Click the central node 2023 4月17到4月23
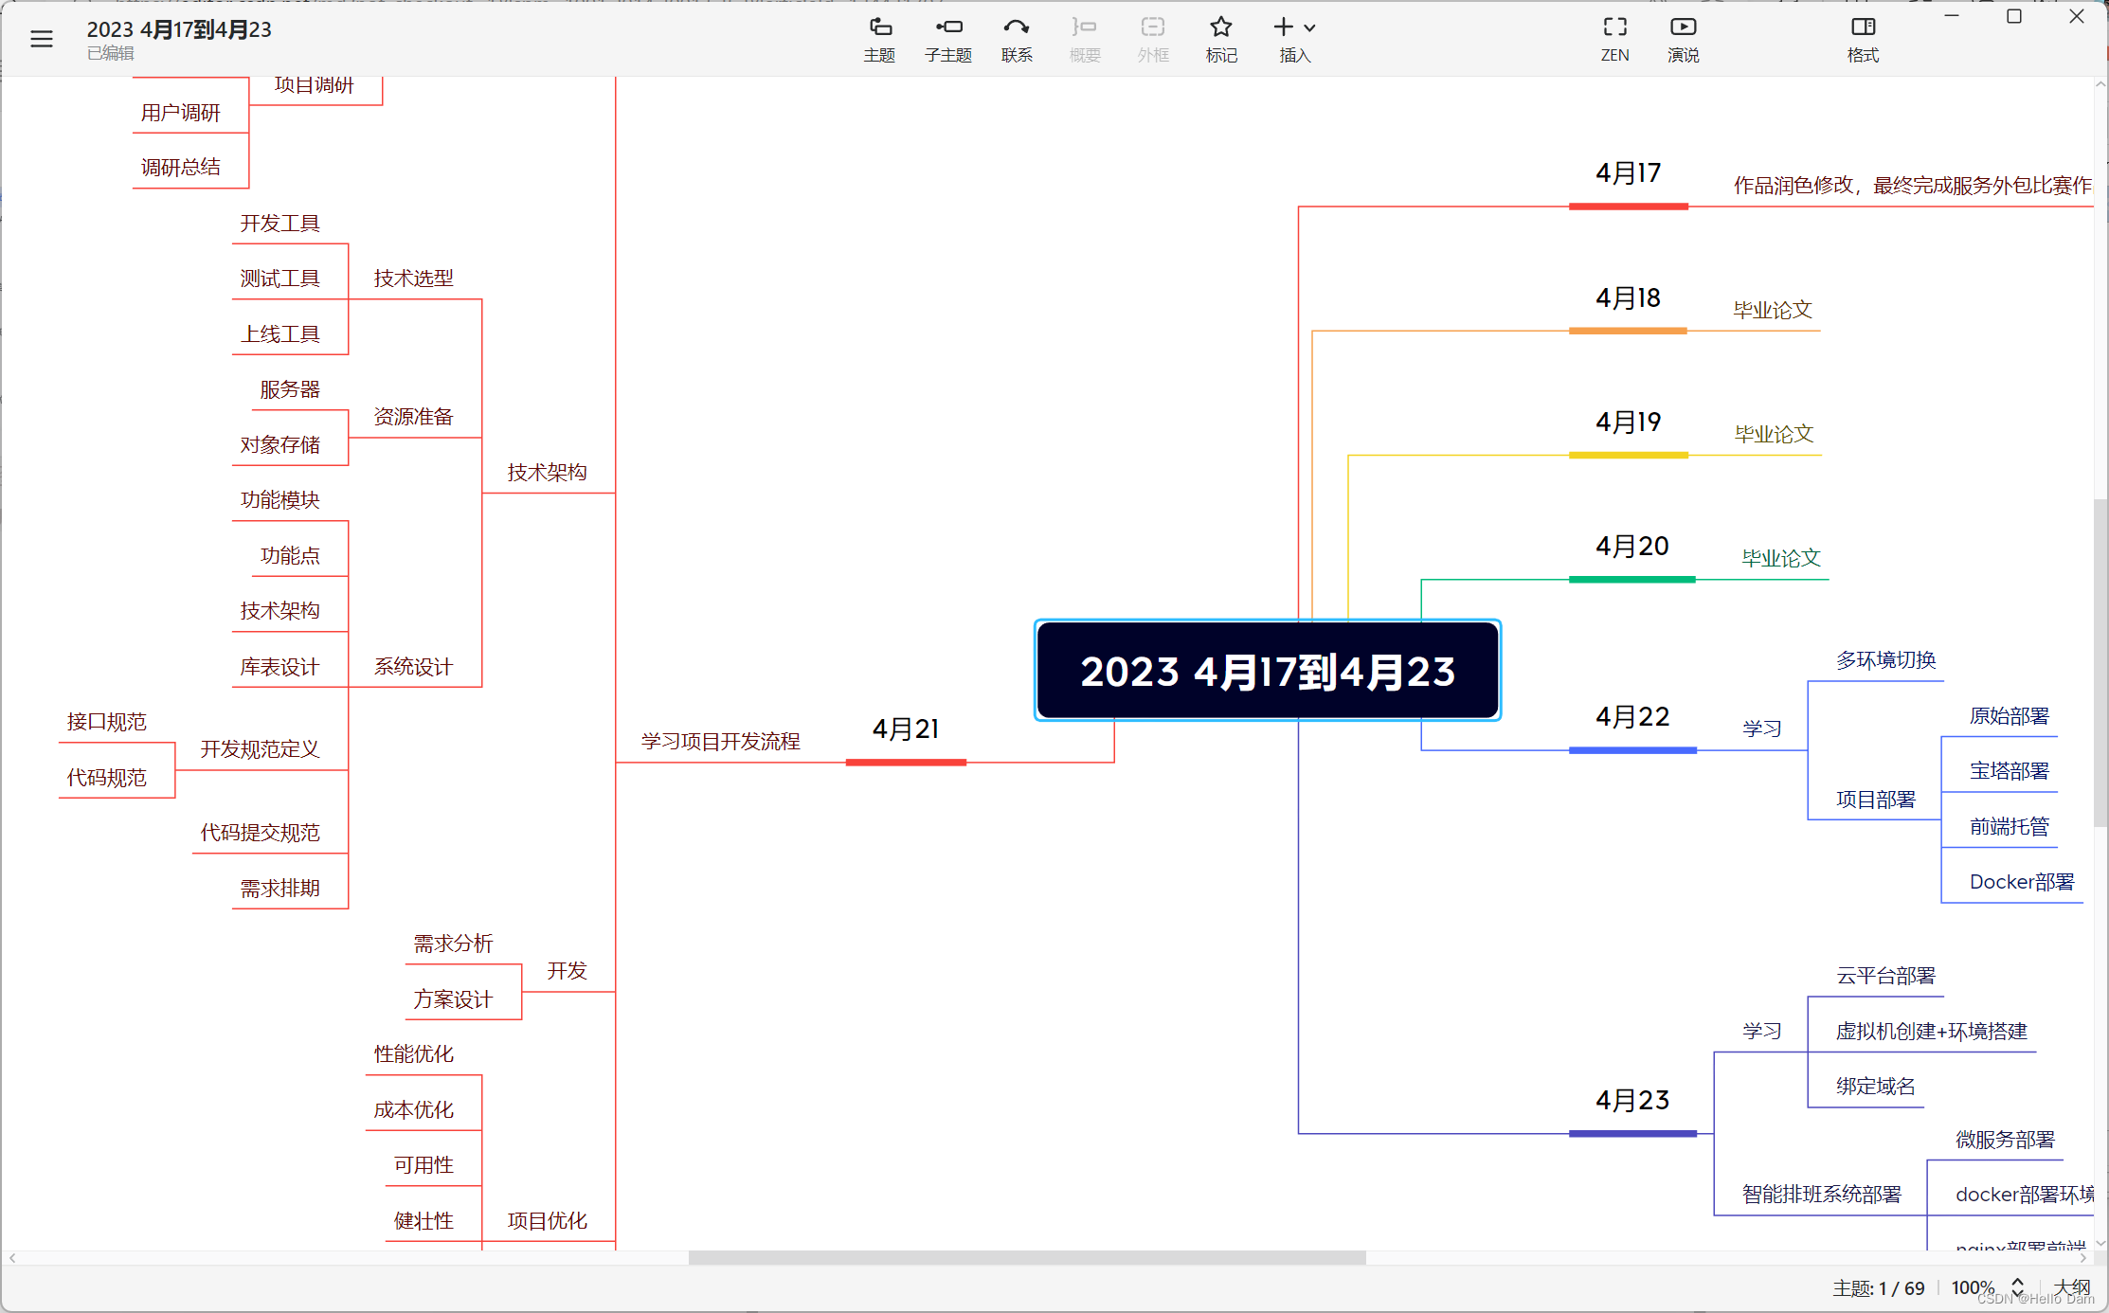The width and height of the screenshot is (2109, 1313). click(1267, 671)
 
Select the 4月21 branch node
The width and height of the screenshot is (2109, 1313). click(906, 729)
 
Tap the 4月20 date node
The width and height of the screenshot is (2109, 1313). click(1631, 547)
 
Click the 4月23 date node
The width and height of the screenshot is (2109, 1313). click(1631, 1101)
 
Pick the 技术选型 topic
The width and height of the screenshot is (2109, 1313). click(413, 279)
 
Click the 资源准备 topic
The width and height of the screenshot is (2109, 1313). click(413, 417)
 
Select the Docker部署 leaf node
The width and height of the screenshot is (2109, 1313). click(2021, 882)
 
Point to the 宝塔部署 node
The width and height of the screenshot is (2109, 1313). click(2009, 771)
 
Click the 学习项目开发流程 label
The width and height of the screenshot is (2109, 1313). click(720, 742)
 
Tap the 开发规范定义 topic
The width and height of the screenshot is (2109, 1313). click(260, 749)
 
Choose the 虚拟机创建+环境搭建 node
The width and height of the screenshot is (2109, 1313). click(1931, 1032)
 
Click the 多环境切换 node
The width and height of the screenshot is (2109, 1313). click(1885, 660)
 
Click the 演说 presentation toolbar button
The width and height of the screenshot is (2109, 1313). click(1683, 38)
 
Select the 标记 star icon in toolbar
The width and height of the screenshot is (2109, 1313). click(1221, 38)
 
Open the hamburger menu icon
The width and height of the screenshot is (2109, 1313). click(42, 39)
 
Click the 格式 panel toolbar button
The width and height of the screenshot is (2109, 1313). click(1863, 38)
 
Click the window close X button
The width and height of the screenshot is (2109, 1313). click(2076, 17)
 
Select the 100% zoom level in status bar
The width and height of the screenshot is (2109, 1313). click(1973, 1287)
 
